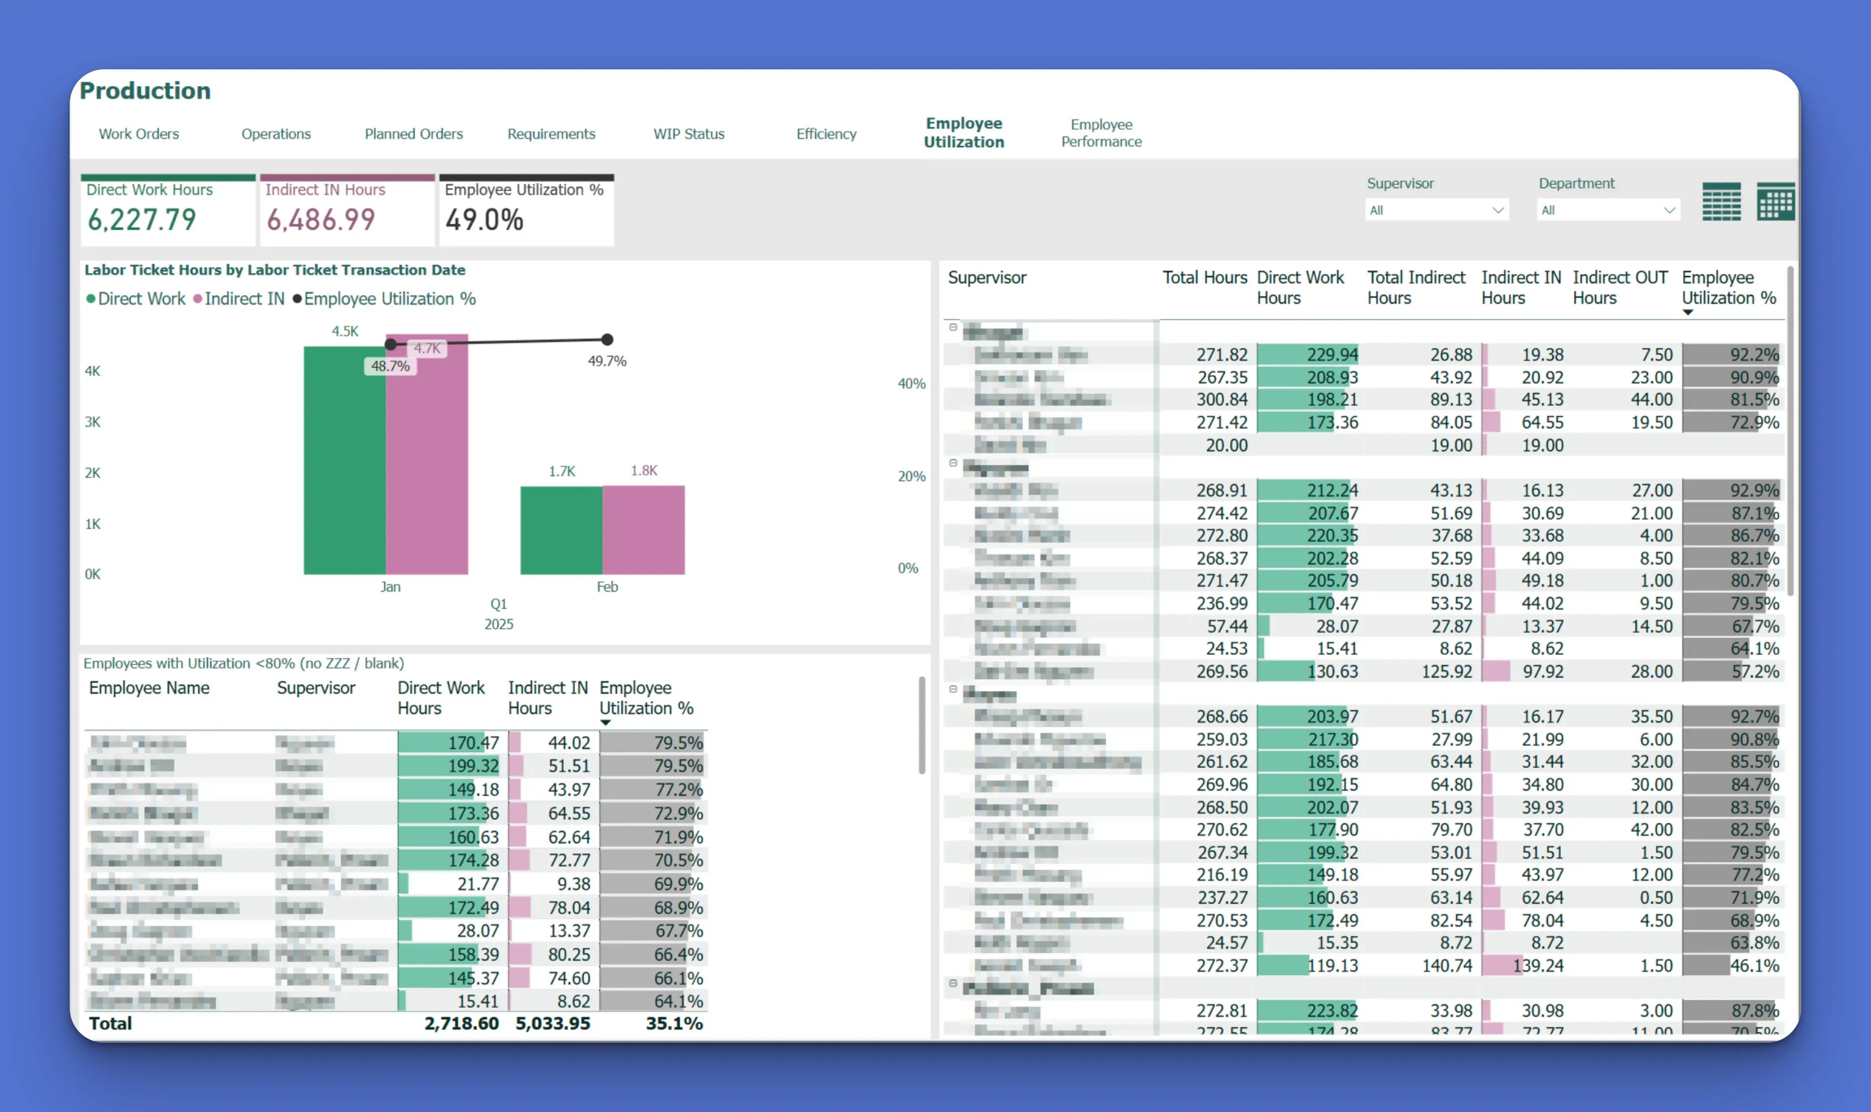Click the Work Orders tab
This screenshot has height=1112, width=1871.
tap(139, 133)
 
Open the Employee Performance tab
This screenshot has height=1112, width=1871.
tap(1101, 133)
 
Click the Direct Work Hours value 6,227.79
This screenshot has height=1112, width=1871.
tap(142, 220)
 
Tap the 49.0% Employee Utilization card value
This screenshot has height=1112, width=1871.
tap(484, 220)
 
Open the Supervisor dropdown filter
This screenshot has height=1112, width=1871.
tap(1436, 210)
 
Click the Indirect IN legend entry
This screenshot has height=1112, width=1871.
tap(243, 298)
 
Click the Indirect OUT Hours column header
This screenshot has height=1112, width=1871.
tap(1619, 287)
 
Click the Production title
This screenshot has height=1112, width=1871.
tap(145, 91)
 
